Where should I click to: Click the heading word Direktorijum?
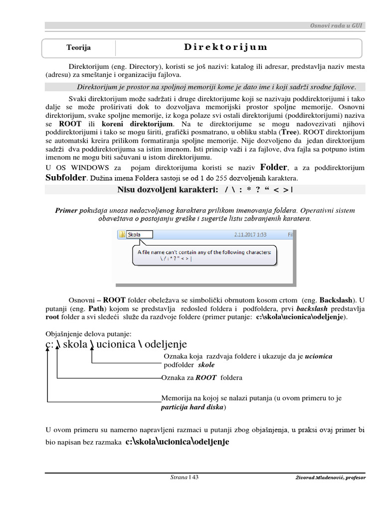tap(225, 47)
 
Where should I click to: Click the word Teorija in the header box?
tap(79, 48)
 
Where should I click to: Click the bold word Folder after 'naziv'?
tap(274, 167)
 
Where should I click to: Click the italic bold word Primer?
tap(66, 211)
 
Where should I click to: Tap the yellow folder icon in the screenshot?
tap(122, 235)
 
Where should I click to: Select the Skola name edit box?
tap(140, 235)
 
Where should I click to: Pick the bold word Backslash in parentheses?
tap(338, 300)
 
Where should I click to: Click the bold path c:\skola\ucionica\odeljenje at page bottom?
tap(177, 442)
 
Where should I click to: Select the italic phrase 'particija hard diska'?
tap(192, 407)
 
